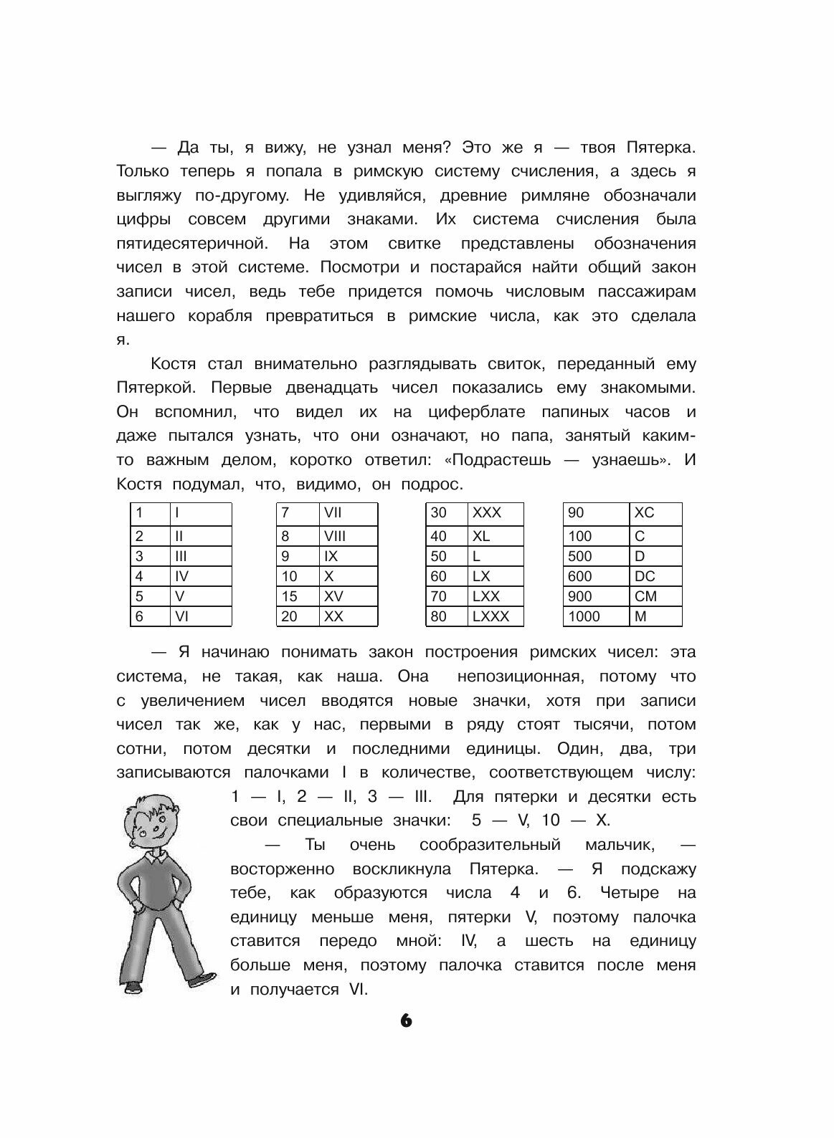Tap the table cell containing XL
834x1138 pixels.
[496, 536]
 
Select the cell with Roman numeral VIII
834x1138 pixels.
[348, 536]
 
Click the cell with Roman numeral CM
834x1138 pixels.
[655, 596]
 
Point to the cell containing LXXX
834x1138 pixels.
[496, 616]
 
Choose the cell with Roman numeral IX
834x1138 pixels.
[348, 556]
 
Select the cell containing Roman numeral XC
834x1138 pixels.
[655, 514]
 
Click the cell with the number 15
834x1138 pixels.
[297, 596]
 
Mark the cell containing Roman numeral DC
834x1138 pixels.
[655, 576]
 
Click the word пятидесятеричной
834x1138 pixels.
[191, 244]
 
